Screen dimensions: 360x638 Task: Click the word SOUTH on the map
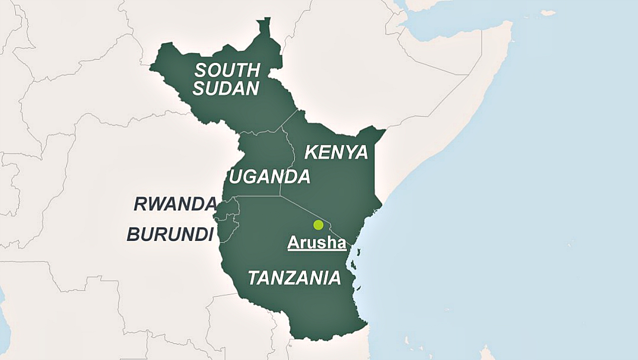click(227, 70)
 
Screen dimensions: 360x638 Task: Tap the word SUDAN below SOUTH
click(226, 89)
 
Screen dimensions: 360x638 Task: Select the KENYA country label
click(336, 153)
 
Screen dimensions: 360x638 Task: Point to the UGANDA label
click(269, 177)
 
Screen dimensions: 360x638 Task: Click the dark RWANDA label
click(175, 204)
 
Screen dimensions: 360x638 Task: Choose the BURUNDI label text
click(170, 234)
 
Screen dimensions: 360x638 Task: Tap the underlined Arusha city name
click(317, 243)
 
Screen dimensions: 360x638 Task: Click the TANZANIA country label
click(294, 278)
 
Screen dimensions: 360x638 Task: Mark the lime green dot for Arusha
click(318, 225)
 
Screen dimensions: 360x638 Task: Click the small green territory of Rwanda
click(227, 207)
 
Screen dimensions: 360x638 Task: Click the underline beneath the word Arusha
click(317, 250)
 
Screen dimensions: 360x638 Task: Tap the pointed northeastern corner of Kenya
click(384, 131)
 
